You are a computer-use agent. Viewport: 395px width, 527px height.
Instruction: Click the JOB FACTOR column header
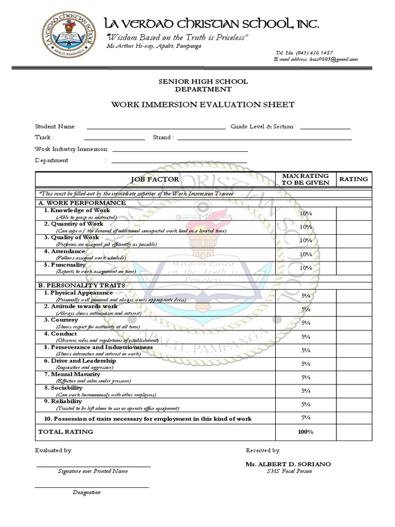(x=155, y=179)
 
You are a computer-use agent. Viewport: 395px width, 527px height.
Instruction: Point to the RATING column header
(x=353, y=179)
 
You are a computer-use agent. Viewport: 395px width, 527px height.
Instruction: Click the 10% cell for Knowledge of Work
(x=306, y=213)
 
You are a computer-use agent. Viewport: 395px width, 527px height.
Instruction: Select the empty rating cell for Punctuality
(x=353, y=268)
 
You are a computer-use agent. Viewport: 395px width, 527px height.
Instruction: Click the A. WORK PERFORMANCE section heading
(x=82, y=203)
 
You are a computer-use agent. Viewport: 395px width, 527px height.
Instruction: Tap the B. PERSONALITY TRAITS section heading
(x=82, y=285)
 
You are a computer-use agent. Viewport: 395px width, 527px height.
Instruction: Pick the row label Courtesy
(x=64, y=320)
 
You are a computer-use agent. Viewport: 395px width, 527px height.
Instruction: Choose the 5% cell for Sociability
(x=306, y=391)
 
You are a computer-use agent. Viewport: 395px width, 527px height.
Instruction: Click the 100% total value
(x=306, y=431)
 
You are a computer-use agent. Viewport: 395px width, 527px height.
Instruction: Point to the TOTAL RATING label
(x=66, y=431)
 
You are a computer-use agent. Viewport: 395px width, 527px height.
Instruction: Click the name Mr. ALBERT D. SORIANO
(x=288, y=464)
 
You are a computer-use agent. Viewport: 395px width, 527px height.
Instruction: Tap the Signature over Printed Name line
(x=93, y=466)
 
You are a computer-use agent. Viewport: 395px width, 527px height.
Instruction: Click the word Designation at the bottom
(x=86, y=493)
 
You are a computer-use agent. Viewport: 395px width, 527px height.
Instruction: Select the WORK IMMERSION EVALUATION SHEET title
(x=203, y=104)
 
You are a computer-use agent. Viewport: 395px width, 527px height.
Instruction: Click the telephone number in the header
(x=304, y=52)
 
